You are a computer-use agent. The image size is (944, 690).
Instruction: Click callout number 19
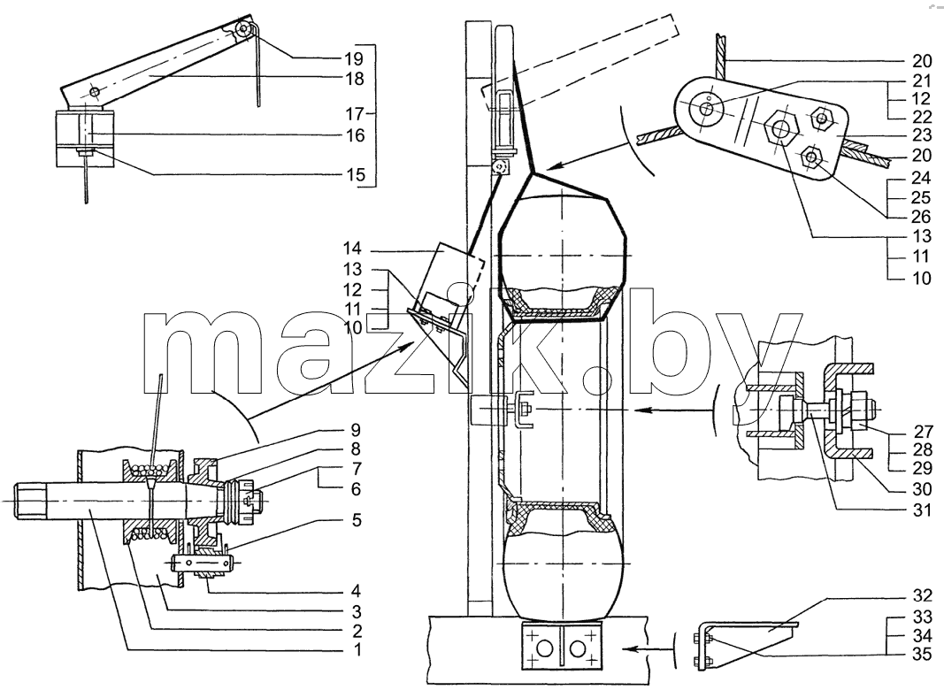point(354,58)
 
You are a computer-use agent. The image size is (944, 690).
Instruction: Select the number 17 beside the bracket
point(354,114)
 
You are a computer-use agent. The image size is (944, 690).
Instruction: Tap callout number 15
point(355,174)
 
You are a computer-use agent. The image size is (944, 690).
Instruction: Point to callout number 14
point(352,248)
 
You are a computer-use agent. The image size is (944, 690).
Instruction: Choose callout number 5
point(356,519)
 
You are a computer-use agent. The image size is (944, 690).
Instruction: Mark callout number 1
point(357,650)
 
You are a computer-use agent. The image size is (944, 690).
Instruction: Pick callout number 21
point(920,80)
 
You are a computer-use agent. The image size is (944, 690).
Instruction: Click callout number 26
point(921,216)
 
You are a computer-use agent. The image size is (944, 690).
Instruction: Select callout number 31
point(921,510)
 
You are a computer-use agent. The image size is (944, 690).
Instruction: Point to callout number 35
point(922,655)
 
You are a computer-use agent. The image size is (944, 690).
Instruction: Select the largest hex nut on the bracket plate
point(781,129)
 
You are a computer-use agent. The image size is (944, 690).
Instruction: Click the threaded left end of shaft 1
point(29,501)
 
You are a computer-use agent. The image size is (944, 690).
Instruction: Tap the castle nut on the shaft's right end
point(243,501)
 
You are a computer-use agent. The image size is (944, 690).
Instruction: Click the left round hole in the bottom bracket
point(543,649)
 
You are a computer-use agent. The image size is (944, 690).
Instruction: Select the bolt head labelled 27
point(862,410)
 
